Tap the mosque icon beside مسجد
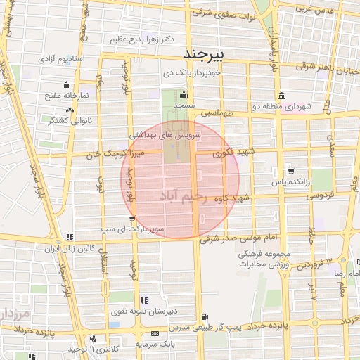184,95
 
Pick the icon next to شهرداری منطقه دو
281,96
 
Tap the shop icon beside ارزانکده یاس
291,170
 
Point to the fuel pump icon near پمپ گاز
204,316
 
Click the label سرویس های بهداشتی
166,133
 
